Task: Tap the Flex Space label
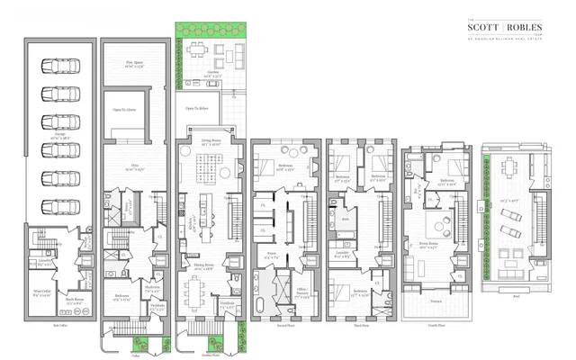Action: point(134,63)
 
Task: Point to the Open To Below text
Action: point(197,107)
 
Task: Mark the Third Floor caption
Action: point(357,318)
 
